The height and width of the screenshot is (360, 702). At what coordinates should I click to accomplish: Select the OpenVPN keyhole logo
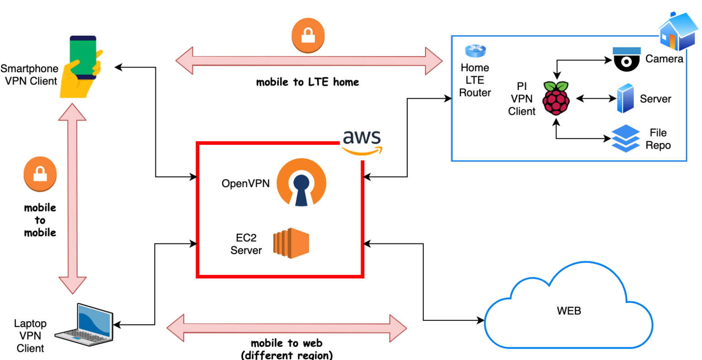coord(301,183)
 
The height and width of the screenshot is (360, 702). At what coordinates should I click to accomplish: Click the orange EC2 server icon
coord(291,243)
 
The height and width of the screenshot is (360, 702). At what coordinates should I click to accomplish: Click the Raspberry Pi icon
coord(556,98)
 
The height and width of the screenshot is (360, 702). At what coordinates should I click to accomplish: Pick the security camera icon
coord(627,59)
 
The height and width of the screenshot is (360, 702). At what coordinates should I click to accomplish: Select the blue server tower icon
coord(625,98)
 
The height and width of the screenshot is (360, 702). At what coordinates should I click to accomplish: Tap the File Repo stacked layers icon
coord(626,138)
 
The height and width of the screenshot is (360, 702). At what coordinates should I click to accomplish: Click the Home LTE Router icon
coord(475,51)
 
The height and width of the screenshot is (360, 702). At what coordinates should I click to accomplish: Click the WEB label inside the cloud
coord(569,311)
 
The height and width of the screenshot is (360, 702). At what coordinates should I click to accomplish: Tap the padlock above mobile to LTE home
coord(308,35)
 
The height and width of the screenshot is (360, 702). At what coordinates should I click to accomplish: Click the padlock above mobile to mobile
coord(40,174)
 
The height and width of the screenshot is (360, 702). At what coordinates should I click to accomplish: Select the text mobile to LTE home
coord(307,82)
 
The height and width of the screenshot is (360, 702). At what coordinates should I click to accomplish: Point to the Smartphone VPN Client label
coord(30,75)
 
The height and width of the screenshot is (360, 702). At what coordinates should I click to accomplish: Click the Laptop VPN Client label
coord(30,336)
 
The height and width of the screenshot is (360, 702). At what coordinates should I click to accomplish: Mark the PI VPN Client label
coord(521,99)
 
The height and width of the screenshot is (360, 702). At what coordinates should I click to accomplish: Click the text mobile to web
coord(287,343)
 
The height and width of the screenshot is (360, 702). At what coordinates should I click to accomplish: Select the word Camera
coord(664,59)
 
